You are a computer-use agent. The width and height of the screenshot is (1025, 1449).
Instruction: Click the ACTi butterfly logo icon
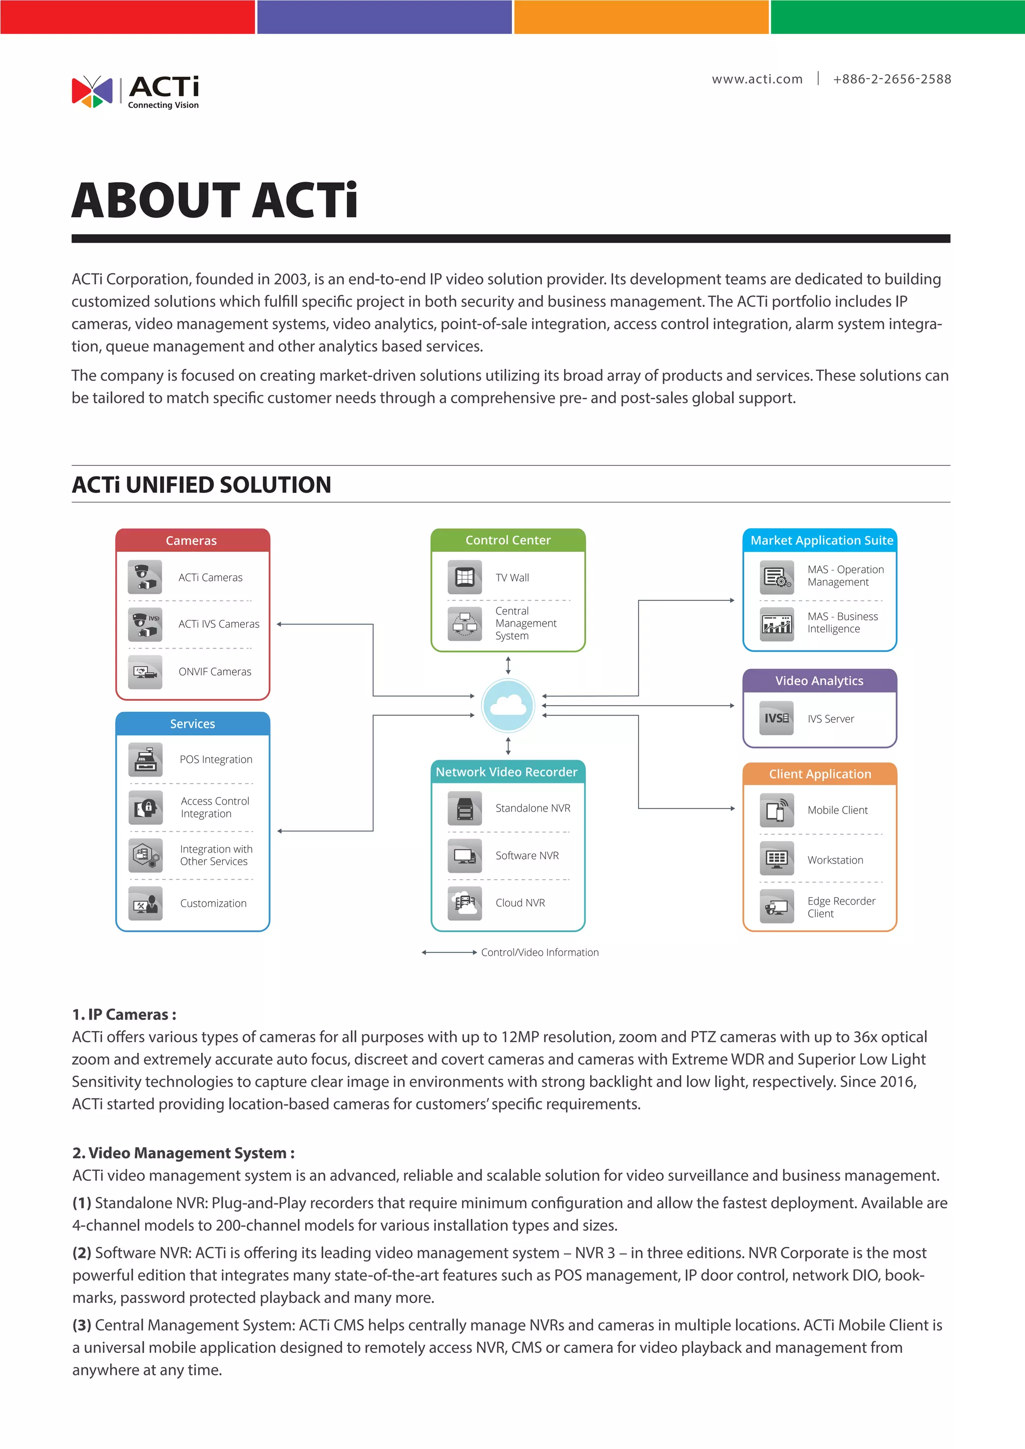coord(92,92)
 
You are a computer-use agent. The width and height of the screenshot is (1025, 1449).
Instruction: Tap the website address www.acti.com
coord(757,79)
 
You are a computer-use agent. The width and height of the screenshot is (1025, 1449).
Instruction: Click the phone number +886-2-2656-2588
coord(891,79)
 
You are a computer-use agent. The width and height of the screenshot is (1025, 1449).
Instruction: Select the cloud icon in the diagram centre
coord(508,705)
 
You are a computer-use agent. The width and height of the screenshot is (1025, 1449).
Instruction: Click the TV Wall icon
coord(464,577)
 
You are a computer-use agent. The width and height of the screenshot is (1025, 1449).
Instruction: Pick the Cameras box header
coord(192,540)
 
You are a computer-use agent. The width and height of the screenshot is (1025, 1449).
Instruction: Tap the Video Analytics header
coord(819,680)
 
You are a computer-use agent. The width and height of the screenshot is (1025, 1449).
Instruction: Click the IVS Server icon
coord(776,718)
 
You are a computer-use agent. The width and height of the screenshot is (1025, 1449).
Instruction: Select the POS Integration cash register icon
coord(146,759)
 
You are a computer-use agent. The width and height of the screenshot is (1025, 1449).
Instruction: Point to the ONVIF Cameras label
coord(215,671)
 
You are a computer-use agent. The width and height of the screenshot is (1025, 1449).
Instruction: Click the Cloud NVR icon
coord(464,903)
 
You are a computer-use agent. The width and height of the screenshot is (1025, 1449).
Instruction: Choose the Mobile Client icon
coord(776,810)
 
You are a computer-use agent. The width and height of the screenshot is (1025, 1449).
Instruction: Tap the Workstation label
coord(835,860)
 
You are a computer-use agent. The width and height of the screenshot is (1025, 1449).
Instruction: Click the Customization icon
coord(146,903)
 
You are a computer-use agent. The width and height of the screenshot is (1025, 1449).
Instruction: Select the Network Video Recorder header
coord(507,772)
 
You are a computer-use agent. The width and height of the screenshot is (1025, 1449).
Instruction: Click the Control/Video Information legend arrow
coord(449,952)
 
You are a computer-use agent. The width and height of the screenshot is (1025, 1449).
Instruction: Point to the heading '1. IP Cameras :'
coord(124,1014)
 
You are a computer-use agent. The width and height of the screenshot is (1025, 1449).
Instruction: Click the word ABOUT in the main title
coord(155,201)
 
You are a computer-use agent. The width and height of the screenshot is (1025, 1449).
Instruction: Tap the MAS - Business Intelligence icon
coord(776,623)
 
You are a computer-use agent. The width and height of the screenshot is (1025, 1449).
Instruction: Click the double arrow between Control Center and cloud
coord(508,665)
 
